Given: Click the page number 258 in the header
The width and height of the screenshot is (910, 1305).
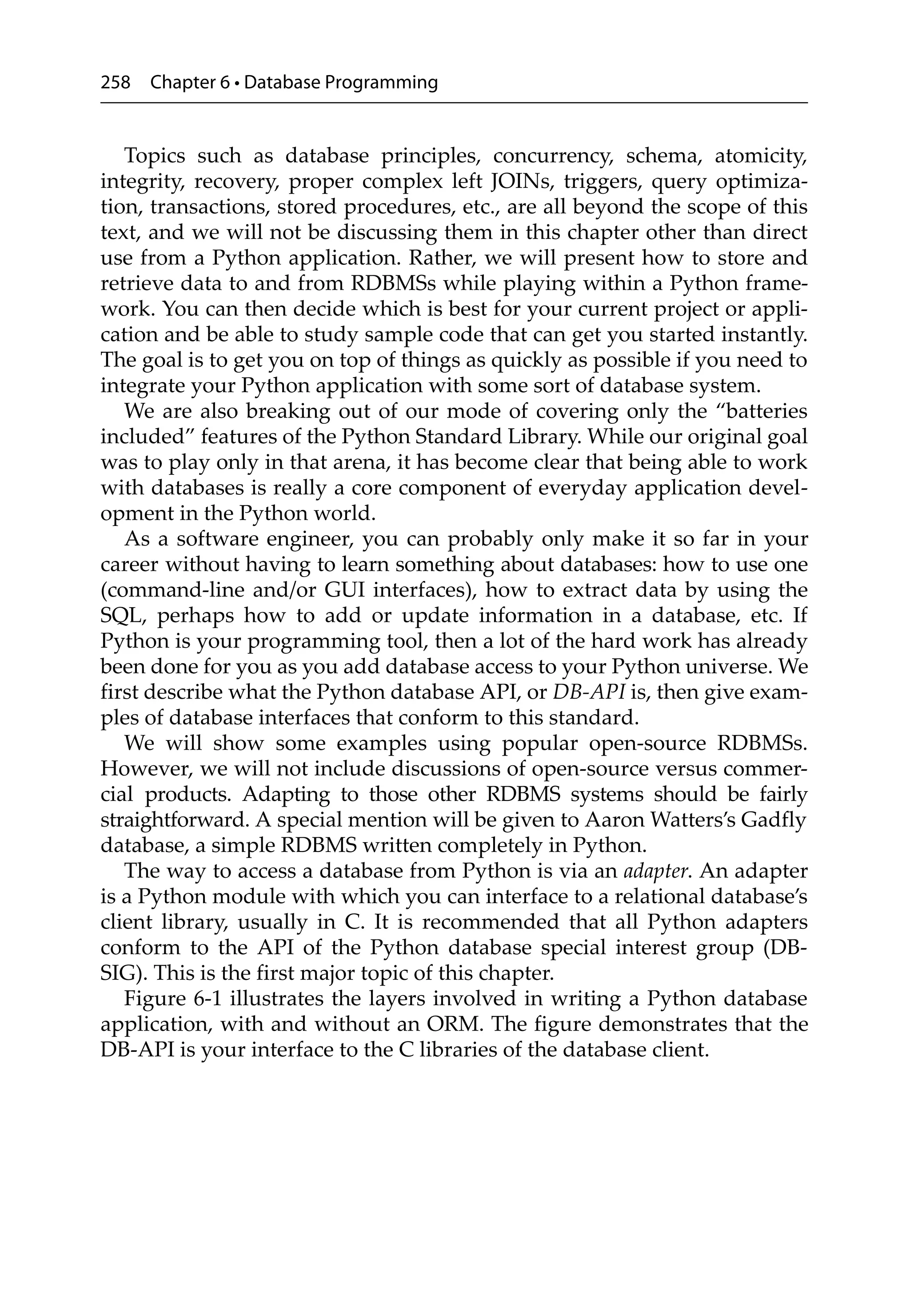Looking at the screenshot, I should tap(116, 83).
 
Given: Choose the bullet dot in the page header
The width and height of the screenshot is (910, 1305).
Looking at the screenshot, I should tap(236, 84).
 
